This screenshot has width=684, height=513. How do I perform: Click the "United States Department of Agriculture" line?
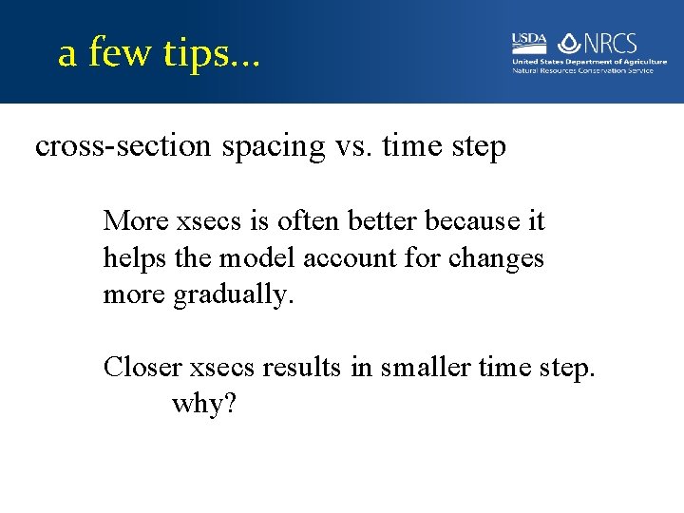tap(589, 62)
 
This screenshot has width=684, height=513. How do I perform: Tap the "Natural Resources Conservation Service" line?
tap(582, 70)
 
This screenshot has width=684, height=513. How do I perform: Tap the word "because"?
tap(472, 221)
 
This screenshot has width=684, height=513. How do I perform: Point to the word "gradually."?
tap(234, 294)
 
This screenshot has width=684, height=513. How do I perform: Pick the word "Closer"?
tap(143, 368)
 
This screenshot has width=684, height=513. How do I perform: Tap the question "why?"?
tap(203, 405)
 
